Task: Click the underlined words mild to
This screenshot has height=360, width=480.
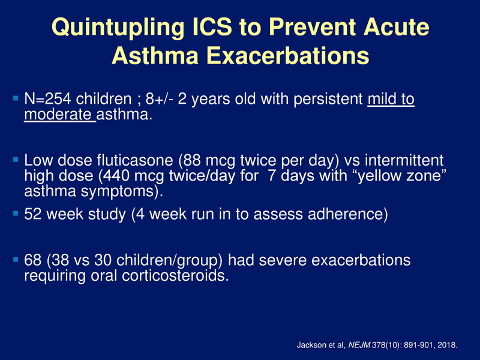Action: point(391,99)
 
